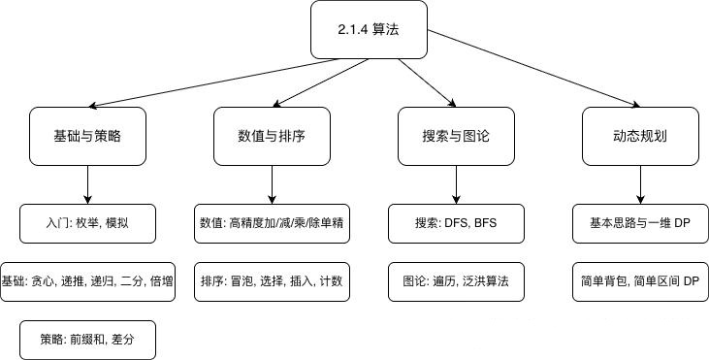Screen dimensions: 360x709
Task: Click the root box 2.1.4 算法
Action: click(369, 30)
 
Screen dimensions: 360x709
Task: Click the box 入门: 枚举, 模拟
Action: click(88, 223)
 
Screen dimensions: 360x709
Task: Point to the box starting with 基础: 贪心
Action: click(88, 281)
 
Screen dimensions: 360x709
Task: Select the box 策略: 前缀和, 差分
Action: click(88, 341)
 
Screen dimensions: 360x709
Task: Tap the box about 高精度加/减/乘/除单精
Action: click(273, 223)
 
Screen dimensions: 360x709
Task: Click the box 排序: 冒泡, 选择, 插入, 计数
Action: click(273, 281)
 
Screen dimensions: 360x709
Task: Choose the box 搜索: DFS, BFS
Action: click(456, 223)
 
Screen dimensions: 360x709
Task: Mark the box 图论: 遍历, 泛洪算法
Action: click(456, 281)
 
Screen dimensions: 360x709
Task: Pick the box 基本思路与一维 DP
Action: click(640, 223)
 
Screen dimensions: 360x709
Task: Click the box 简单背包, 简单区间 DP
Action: click(640, 281)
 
